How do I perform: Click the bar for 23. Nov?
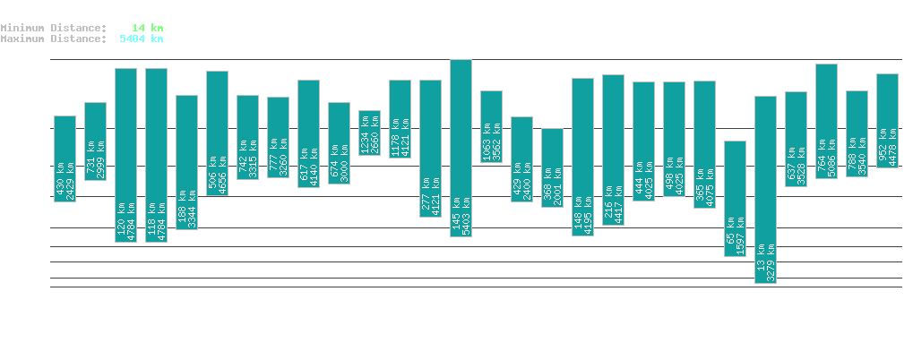461,148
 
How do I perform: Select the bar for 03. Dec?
765,189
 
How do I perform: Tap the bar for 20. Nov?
369,133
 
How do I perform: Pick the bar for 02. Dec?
735,198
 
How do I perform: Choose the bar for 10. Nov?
65,159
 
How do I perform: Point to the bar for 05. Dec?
826,121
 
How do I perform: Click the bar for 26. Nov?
552,167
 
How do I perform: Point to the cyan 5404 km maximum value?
142,39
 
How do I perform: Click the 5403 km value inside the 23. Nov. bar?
467,212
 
